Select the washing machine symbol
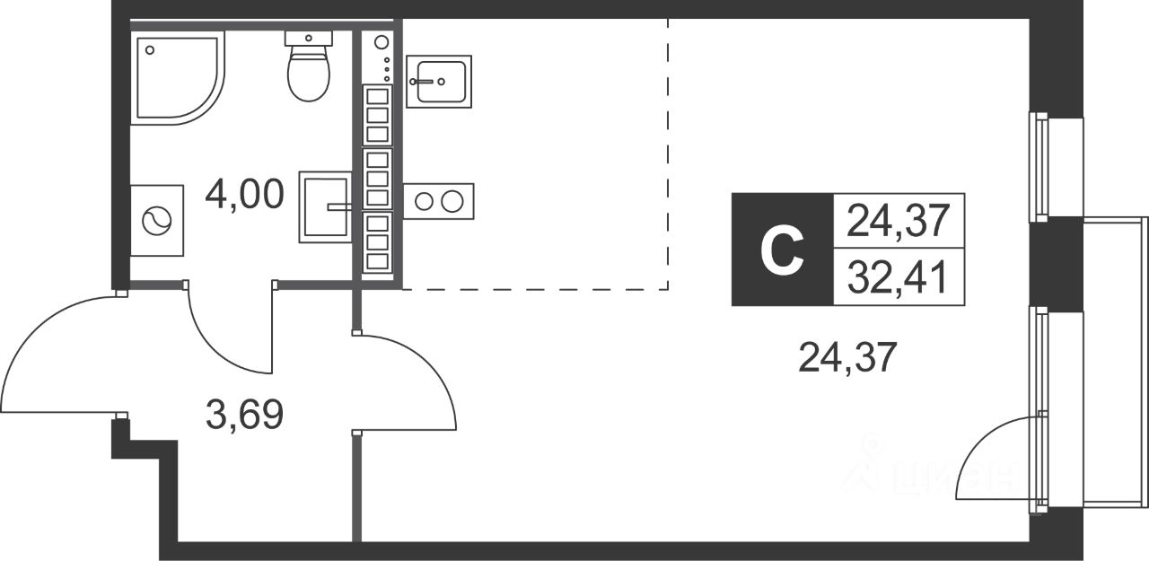pos(157,221)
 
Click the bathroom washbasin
pos(324,206)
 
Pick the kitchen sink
pos(438,81)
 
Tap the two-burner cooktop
pos(439,200)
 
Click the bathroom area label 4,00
pos(244,192)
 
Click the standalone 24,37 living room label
pos(847,360)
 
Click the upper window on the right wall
pos(1040,166)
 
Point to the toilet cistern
pos(309,38)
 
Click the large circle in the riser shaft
pos(381,41)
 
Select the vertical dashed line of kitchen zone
pos(668,153)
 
